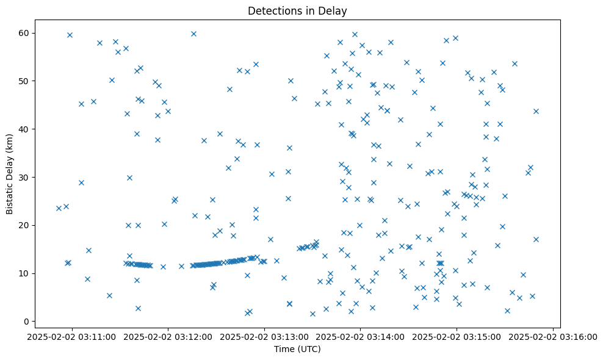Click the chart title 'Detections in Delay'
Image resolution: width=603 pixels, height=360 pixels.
[297, 10]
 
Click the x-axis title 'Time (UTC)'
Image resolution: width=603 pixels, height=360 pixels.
[297, 349]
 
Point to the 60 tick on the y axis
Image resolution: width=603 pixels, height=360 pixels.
[27, 33]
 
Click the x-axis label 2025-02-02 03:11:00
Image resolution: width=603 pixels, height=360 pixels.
[72, 336]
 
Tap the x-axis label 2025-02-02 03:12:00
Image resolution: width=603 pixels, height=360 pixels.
[168, 336]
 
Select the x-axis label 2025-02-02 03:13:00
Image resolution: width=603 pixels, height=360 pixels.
[264, 336]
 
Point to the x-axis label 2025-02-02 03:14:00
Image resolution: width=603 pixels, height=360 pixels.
[361, 336]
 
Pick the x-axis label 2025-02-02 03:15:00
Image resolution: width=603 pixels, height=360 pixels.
[457, 336]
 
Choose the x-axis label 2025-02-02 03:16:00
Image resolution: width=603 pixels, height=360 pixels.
[553, 336]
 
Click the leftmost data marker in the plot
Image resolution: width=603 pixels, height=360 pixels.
[59, 208]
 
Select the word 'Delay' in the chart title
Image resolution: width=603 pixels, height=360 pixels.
[335, 10]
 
